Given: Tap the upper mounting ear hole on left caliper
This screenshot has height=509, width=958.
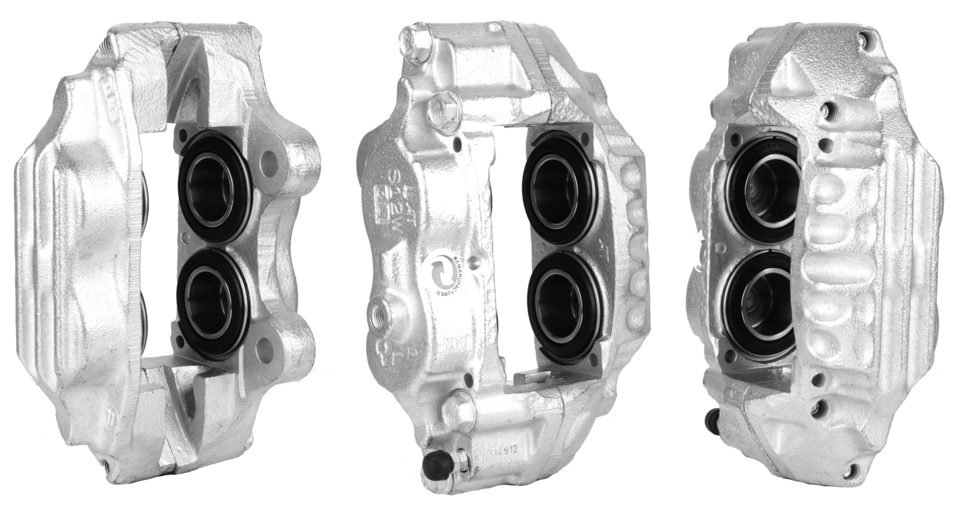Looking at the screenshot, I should click(x=268, y=157).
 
